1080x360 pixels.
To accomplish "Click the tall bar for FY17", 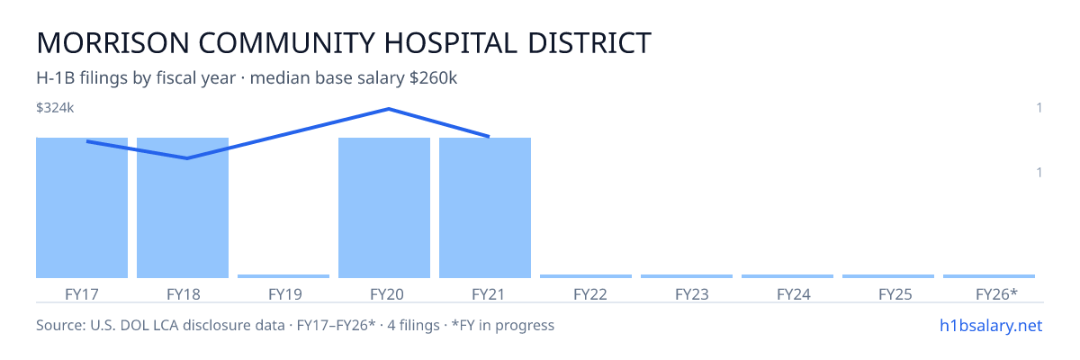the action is (82, 208).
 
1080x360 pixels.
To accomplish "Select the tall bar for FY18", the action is (183, 208).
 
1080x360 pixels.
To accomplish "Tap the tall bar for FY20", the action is (384, 208).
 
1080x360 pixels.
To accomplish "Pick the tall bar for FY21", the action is (485, 208).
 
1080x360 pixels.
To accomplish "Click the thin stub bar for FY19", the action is (283, 276).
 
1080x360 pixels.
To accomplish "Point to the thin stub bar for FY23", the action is (687, 276).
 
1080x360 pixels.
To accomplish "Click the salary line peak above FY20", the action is (389, 109).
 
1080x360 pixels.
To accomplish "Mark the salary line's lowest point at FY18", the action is (187, 158).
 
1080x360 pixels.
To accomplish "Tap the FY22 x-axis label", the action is (590, 294).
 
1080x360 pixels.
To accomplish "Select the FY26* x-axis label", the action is (996, 294).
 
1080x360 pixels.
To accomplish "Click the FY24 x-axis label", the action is (794, 294).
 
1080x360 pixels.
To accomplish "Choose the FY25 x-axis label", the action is (895, 294).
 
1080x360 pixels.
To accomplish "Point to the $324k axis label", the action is (55, 108).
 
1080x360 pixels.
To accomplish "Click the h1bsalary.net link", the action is (991, 326).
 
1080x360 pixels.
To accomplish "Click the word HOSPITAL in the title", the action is (451, 43).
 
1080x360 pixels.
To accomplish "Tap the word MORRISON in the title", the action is (112, 43).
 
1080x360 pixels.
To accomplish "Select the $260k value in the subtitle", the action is (433, 78).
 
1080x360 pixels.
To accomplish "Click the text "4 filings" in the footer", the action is (414, 326).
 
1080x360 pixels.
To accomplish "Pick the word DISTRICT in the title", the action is (589, 43).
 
